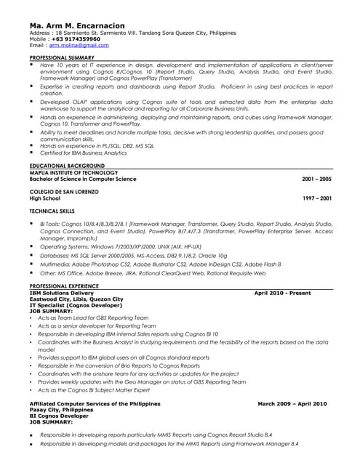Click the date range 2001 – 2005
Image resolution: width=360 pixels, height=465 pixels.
(x=316, y=178)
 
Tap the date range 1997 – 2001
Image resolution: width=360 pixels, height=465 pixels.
(x=316, y=197)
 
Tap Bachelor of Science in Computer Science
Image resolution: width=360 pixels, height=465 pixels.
(x=82, y=178)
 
